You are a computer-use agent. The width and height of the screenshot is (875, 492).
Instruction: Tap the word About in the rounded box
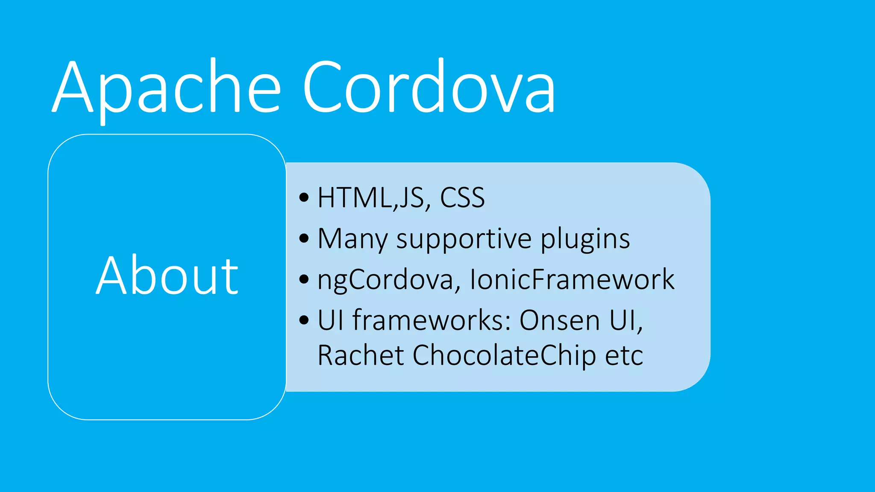pyautogui.click(x=167, y=275)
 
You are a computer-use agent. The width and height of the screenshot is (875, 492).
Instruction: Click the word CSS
pyautogui.click(x=462, y=198)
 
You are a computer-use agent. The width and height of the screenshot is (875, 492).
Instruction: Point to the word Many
pyautogui.click(x=352, y=239)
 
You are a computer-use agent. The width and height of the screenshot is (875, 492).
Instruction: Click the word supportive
pyautogui.click(x=464, y=239)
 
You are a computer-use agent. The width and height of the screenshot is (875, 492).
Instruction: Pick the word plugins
pyautogui.click(x=585, y=239)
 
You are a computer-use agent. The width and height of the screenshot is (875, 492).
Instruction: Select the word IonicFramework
pyautogui.click(x=572, y=280)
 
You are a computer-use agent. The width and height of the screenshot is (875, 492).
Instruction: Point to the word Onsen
pyautogui.click(x=560, y=320)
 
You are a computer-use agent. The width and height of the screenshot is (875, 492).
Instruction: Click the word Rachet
pyautogui.click(x=361, y=355)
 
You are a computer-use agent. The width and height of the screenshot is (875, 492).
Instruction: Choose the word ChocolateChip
pyautogui.click(x=504, y=355)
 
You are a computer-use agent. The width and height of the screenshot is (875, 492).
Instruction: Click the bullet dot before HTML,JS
pyautogui.click(x=304, y=198)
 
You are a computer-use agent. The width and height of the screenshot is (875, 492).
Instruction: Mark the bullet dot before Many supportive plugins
pyautogui.click(x=304, y=239)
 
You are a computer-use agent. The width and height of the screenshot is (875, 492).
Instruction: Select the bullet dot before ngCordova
pyautogui.click(x=304, y=280)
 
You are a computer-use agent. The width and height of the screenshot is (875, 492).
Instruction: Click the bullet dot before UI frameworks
pyautogui.click(x=304, y=320)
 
